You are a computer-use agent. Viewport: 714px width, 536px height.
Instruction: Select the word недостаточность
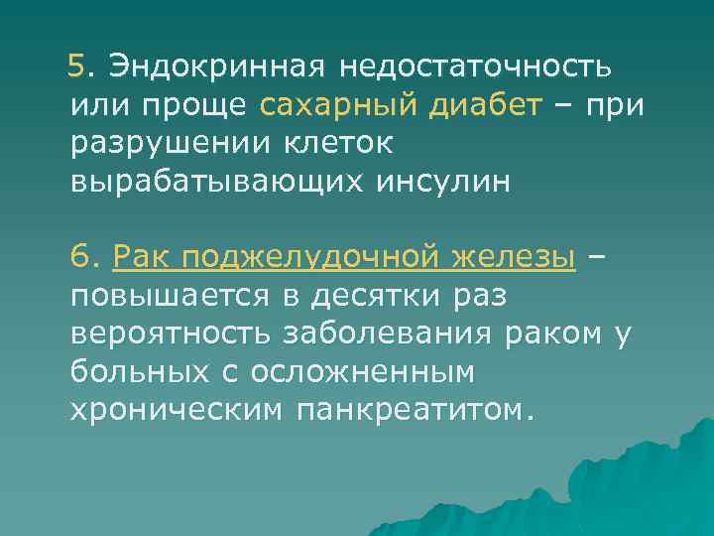476,67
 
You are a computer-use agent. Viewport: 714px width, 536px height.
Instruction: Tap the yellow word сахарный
330,104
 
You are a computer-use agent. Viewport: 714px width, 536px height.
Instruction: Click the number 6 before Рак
80,257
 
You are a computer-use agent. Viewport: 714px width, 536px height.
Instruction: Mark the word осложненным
363,371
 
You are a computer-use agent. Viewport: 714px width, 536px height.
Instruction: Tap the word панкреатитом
415,409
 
